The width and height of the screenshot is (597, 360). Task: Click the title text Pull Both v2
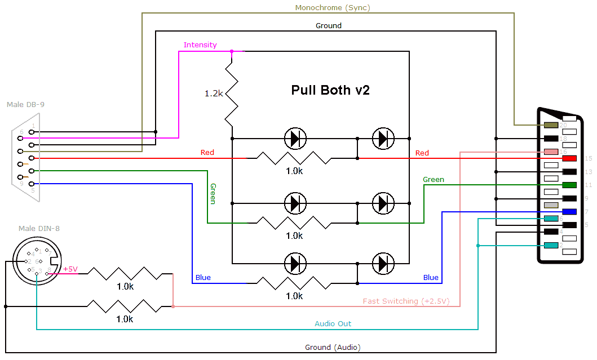(x=330, y=90)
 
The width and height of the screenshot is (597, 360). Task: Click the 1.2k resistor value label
(x=214, y=94)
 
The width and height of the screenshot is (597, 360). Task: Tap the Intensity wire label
(x=200, y=45)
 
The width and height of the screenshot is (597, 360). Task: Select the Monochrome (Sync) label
(x=333, y=8)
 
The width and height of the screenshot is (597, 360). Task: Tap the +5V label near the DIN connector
(x=70, y=269)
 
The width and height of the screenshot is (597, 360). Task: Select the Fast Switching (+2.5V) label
(x=406, y=301)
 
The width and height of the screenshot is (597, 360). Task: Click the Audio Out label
(x=333, y=324)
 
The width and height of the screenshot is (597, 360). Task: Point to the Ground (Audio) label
(x=333, y=347)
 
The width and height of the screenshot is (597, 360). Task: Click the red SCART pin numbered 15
(x=569, y=159)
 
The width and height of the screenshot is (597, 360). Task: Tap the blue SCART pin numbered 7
(x=569, y=212)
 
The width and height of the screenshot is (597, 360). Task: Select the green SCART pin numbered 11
(x=569, y=185)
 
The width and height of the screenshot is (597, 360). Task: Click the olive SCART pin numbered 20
(x=550, y=125)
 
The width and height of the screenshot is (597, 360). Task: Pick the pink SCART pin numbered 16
(x=551, y=152)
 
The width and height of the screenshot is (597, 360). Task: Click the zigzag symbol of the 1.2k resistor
(x=232, y=94)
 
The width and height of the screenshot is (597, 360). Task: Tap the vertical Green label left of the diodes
(x=213, y=193)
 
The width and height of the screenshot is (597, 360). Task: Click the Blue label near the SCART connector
(x=431, y=278)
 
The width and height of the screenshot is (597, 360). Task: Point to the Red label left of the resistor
(x=207, y=153)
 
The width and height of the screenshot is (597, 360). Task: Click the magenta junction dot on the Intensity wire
(x=232, y=51)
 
